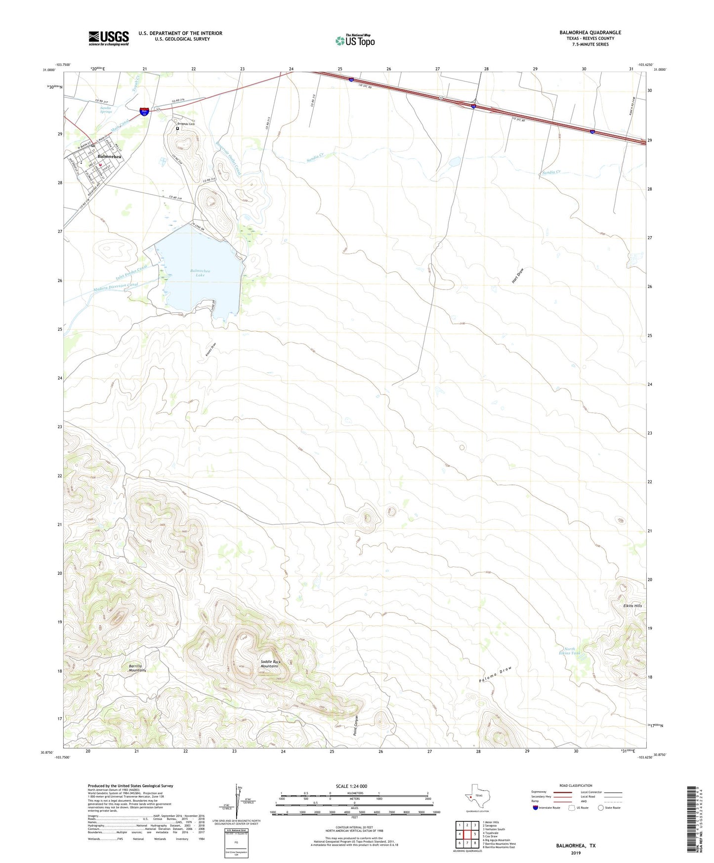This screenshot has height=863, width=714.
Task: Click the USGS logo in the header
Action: (x=109, y=38)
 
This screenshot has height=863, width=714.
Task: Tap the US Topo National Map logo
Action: (x=355, y=40)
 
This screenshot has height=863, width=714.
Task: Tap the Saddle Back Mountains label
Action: (x=270, y=664)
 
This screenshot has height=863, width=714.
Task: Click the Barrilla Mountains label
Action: (x=137, y=668)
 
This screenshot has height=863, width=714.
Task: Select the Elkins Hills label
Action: (x=632, y=605)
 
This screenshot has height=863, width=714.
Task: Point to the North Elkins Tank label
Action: (x=569, y=651)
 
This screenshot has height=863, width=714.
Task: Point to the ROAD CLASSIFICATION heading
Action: (x=576, y=785)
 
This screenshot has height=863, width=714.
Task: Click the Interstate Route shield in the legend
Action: (x=536, y=808)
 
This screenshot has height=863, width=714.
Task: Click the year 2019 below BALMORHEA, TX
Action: (x=576, y=853)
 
